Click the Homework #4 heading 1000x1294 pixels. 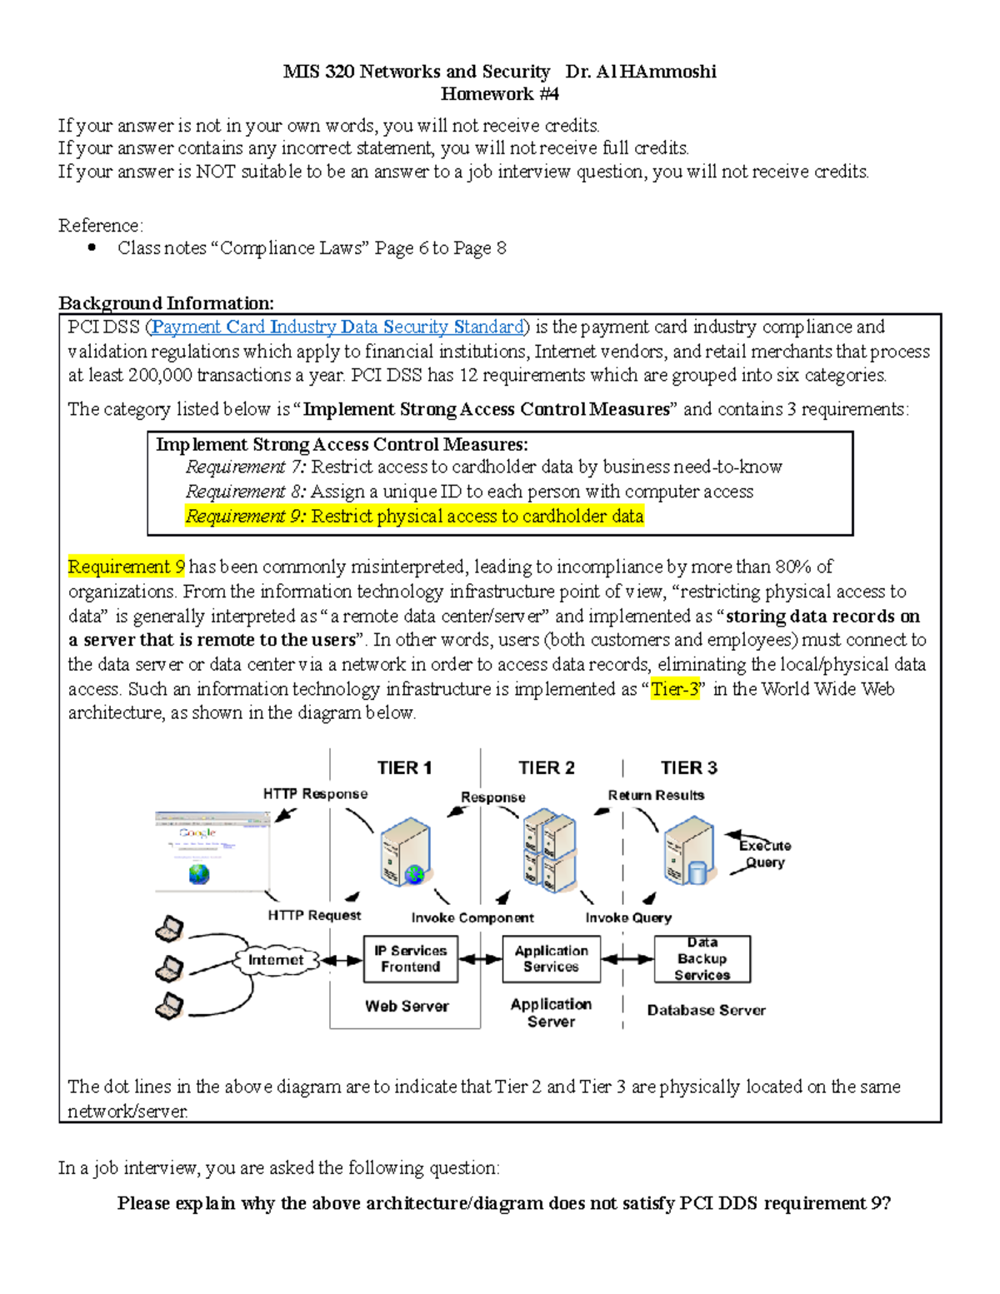tap(499, 94)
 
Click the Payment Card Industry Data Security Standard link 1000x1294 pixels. tap(337, 327)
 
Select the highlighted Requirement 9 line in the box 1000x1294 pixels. tap(414, 517)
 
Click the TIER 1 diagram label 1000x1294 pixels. tap(404, 767)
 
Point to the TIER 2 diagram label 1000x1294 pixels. tap(547, 767)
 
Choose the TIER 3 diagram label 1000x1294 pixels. tap(688, 767)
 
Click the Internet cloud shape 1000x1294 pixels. tap(276, 960)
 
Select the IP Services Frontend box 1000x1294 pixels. tap(410, 959)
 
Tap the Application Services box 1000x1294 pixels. tap(551, 959)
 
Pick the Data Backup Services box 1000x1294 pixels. tap(702, 959)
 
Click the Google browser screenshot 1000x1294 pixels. tap(212, 852)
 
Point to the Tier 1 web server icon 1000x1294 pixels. tap(405, 852)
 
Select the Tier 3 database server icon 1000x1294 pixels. tap(689, 851)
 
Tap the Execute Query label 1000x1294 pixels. tap(764, 854)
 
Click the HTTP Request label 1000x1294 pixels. tap(314, 915)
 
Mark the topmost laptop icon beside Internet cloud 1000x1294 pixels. tap(170, 928)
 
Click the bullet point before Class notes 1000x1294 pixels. tap(92, 247)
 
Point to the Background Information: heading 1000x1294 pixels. tap(166, 303)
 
